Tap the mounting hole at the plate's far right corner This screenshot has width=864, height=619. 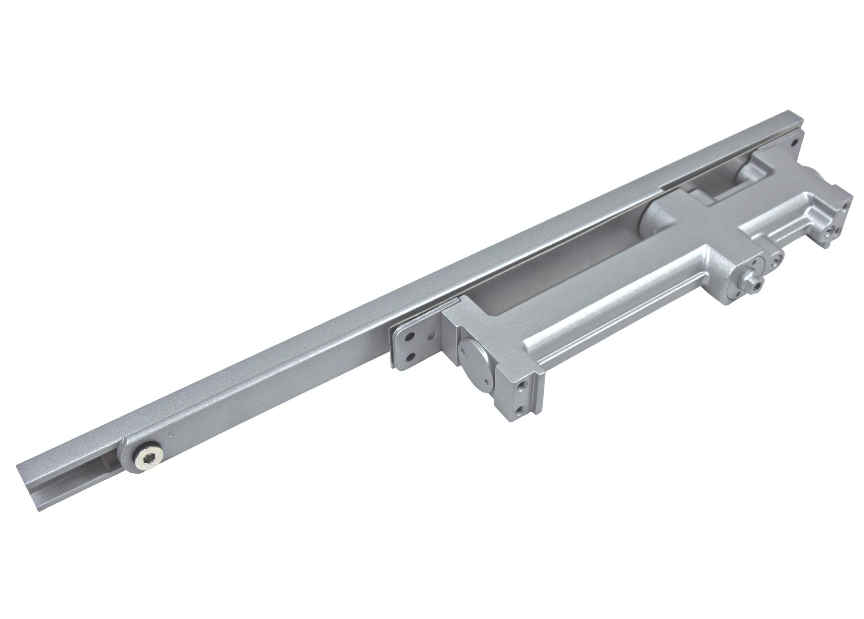(x=794, y=143)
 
